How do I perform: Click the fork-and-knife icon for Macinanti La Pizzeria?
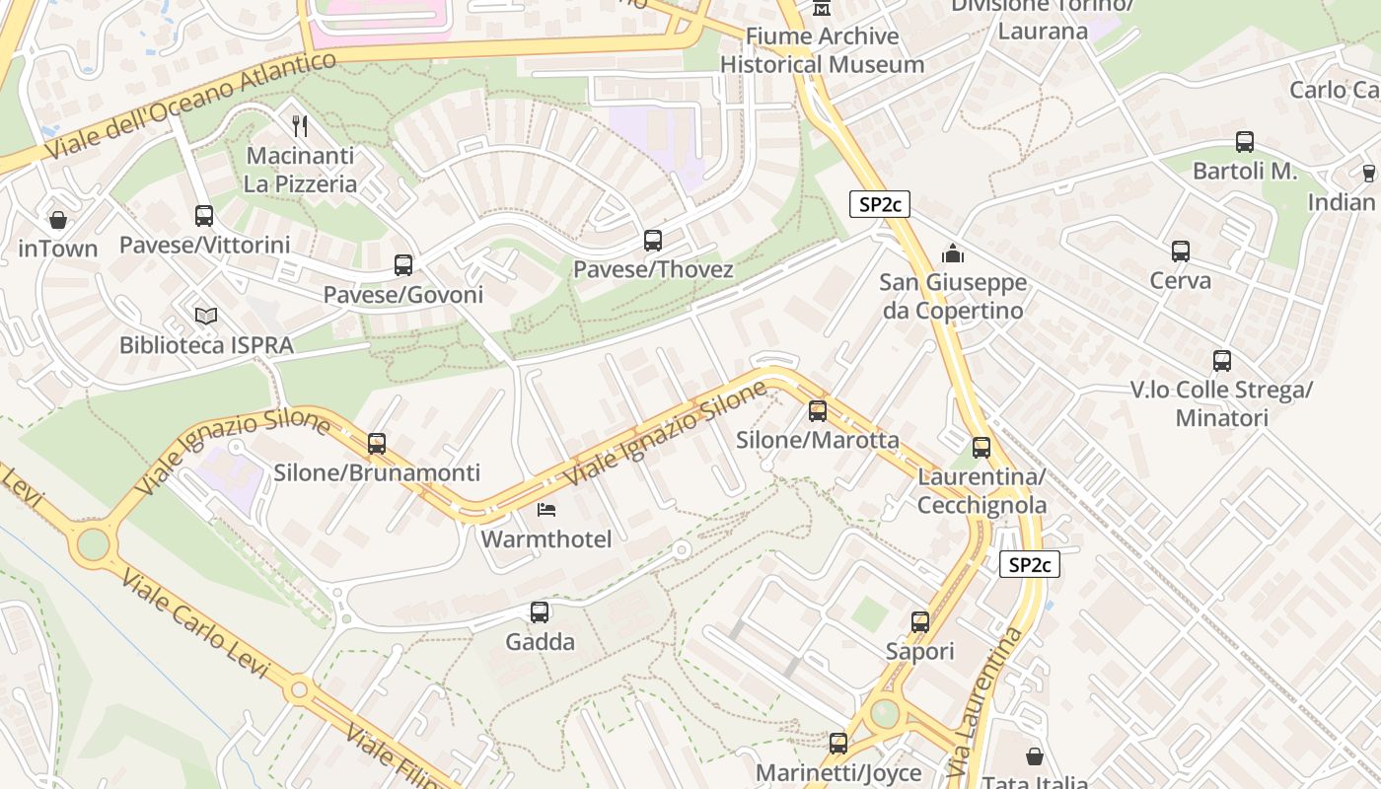point(301,125)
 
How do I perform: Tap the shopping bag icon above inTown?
point(58,219)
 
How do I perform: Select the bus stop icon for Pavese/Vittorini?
point(204,215)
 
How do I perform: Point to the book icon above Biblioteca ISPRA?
point(206,316)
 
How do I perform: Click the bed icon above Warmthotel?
point(546,510)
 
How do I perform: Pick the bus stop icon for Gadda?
point(540,612)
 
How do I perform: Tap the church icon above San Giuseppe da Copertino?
point(953,253)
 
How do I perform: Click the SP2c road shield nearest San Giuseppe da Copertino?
point(879,204)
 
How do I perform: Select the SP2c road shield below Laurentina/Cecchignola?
point(1030,564)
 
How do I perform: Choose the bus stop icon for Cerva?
point(1181,251)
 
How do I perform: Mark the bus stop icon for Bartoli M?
point(1245,142)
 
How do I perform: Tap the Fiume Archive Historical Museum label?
point(822,50)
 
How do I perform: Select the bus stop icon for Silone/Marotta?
point(818,411)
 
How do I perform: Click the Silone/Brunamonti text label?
point(377,472)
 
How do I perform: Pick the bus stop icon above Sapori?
point(920,622)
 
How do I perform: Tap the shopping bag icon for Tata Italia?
point(1035,756)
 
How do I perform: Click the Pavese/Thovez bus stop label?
point(653,269)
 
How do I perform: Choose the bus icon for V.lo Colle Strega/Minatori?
point(1222,361)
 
